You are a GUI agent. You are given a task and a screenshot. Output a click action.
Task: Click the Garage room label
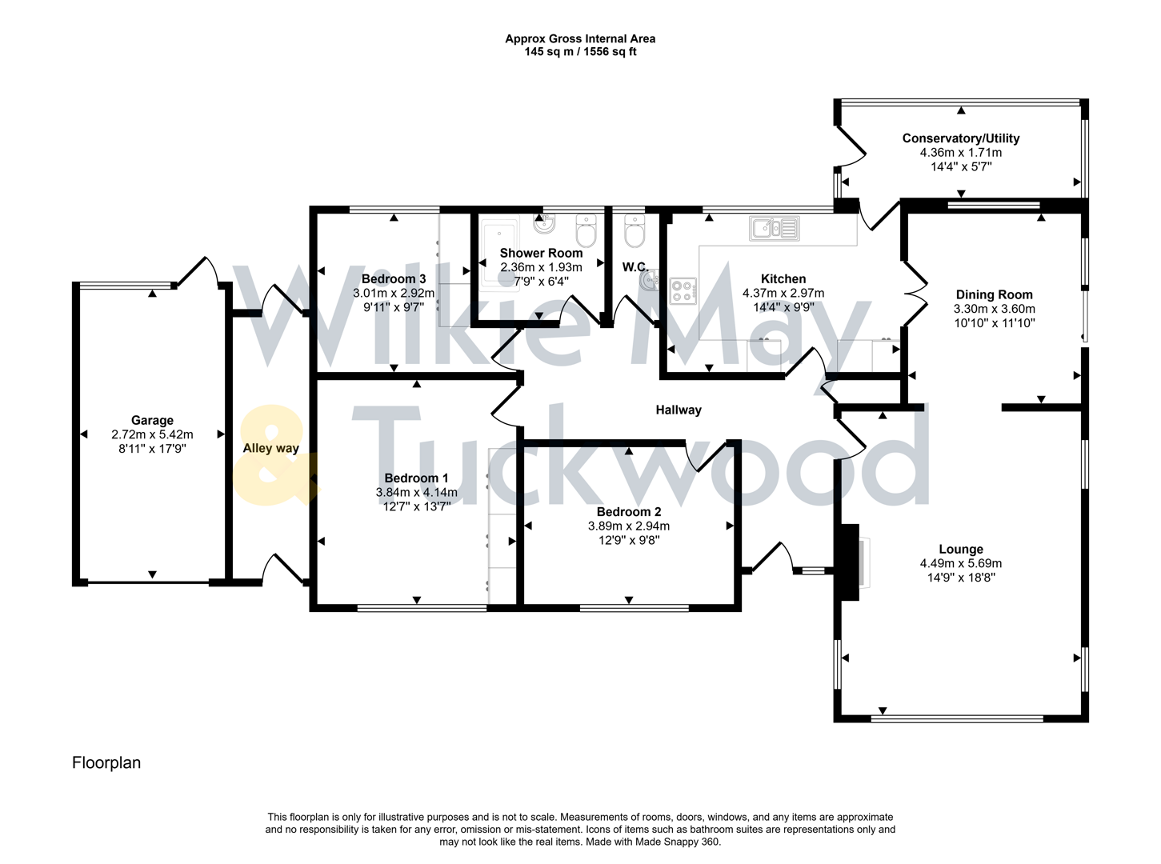click(152, 420)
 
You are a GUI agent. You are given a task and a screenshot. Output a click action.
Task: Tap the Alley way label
click(270, 448)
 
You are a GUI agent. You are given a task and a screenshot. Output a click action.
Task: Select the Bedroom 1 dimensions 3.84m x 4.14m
click(416, 492)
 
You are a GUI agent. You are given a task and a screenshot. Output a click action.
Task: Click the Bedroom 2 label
click(628, 511)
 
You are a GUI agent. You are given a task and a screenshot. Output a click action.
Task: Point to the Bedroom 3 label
click(393, 278)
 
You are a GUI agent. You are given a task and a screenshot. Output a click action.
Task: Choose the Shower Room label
click(541, 253)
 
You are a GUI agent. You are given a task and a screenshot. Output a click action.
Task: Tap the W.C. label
click(635, 267)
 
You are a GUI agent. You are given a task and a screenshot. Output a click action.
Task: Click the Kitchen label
click(783, 278)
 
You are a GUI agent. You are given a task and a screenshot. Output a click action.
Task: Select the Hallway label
click(678, 410)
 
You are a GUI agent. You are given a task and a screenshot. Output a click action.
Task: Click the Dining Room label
click(994, 294)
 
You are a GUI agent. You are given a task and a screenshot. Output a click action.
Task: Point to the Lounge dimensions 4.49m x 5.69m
click(960, 563)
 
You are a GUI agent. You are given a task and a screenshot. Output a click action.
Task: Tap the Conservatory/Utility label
click(960, 138)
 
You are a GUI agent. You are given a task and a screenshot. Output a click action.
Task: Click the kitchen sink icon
click(774, 229)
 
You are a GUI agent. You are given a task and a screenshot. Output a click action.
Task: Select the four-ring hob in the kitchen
click(682, 291)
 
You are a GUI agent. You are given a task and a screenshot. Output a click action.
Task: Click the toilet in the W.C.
click(635, 232)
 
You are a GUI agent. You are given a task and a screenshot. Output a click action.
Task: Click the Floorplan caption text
click(106, 762)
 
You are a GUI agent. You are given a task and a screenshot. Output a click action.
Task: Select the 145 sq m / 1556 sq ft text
click(580, 52)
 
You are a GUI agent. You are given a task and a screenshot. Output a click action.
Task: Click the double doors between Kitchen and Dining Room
click(915, 294)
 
